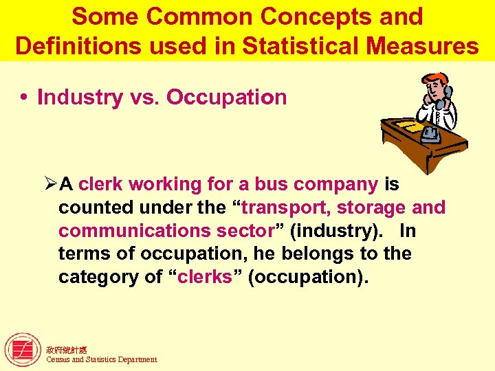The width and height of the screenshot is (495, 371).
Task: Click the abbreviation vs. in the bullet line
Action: point(142,98)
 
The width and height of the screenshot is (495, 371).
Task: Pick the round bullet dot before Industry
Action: point(25,98)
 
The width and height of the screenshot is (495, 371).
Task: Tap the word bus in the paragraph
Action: point(272,184)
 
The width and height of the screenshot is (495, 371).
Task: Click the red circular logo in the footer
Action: point(22,350)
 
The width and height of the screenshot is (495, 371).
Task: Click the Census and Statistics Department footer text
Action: point(101,359)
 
